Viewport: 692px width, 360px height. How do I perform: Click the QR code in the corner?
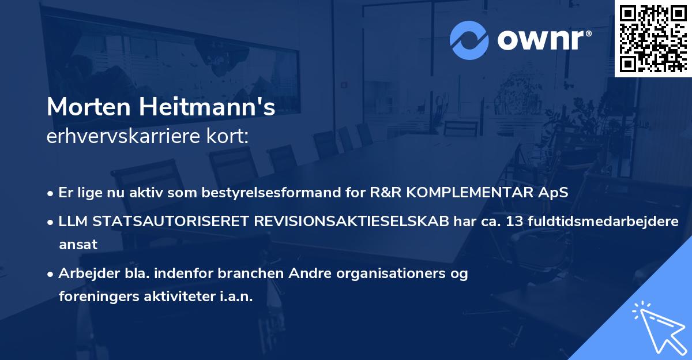click(x=653, y=38)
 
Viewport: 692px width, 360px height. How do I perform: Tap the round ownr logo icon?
click(x=469, y=39)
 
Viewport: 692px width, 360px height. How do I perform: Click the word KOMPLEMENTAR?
click(x=475, y=193)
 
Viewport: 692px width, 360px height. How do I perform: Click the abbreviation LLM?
click(x=73, y=222)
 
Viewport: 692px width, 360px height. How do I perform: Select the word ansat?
click(x=78, y=245)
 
